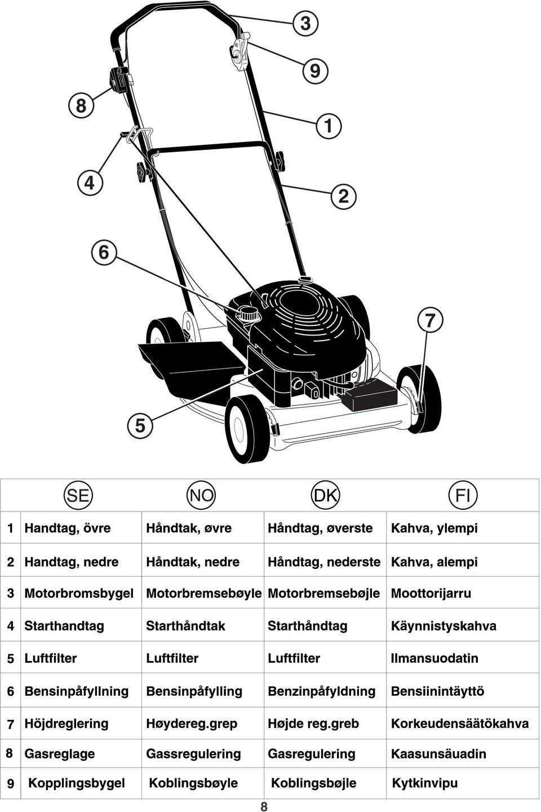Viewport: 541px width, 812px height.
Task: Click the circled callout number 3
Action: pyautogui.click(x=305, y=23)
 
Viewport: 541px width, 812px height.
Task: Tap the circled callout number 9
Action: pyautogui.click(x=315, y=70)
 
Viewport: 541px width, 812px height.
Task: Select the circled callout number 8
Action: pyautogui.click(x=81, y=105)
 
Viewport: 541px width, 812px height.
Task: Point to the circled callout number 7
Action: pyautogui.click(x=430, y=320)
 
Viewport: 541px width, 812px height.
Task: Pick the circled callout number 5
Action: pyautogui.click(x=140, y=425)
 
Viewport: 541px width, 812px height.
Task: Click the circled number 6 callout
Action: pyautogui.click(x=104, y=252)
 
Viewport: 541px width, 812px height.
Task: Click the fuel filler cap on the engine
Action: pyautogui.click(x=247, y=313)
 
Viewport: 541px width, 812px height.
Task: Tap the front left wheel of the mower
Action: pyautogui.click(x=248, y=430)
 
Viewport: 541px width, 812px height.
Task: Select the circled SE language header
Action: pyautogui.click(x=78, y=495)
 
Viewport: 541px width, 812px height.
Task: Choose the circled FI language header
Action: pyautogui.click(x=463, y=495)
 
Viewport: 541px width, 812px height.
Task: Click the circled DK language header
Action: pyautogui.click(x=325, y=495)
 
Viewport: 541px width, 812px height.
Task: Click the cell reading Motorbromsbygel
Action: pyautogui.click(x=79, y=593)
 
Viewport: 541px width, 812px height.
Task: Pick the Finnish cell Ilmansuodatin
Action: pyautogui.click(x=434, y=658)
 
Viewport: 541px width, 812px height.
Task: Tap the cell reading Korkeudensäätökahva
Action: pyautogui.click(x=460, y=723)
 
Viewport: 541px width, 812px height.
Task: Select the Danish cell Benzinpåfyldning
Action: pyautogui.click(x=321, y=691)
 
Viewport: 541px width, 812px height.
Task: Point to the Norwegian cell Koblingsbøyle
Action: pyautogui.click(x=193, y=783)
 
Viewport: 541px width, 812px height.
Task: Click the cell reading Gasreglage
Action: pyautogui.click(x=59, y=753)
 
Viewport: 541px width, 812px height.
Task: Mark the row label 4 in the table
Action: pyautogui.click(x=11, y=626)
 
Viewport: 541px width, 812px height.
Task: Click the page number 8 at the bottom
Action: pyautogui.click(x=264, y=806)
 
